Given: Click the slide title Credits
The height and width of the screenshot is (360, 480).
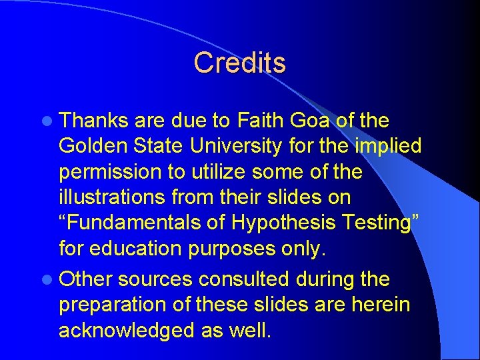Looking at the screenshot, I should [239, 63].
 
